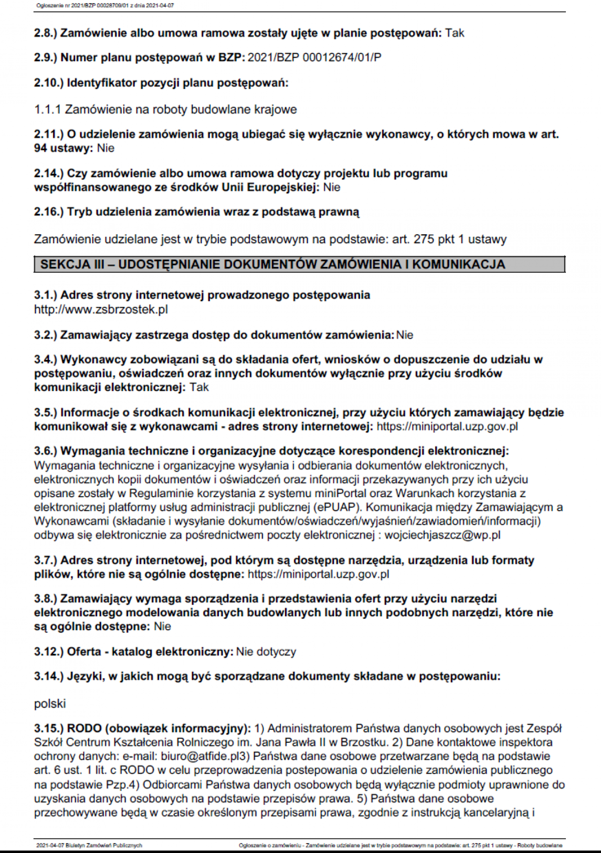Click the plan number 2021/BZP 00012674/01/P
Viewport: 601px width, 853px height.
point(314,58)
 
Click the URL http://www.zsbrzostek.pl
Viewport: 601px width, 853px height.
point(101,309)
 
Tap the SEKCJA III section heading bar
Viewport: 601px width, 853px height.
point(299,264)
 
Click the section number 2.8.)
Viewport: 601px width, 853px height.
point(46,33)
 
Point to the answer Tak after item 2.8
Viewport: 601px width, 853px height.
point(455,33)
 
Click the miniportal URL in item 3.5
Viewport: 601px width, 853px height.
point(447,426)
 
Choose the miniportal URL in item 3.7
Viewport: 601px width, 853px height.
point(318,574)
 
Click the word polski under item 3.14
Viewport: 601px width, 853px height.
point(50,704)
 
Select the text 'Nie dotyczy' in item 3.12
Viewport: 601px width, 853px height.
point(266,652)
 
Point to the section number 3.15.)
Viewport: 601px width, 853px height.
point(49,728)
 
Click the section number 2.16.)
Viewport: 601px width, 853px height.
point(49,212)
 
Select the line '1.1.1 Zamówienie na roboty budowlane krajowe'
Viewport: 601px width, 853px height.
point(165,109)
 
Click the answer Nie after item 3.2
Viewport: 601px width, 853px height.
point(405,335)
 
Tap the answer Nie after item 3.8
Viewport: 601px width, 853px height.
point(162,626)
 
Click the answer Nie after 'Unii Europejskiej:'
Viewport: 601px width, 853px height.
point(332,187)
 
